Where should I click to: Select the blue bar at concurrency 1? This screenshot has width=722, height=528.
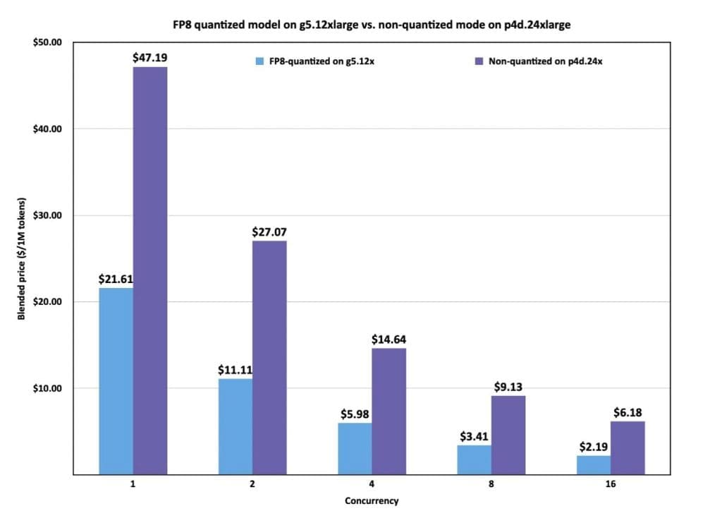(116, 381)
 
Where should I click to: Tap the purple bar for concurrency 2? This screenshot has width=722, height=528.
(269, 357)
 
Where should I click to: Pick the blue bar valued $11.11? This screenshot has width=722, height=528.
(235, 426)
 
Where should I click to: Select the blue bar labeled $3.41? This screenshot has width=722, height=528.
(475, 460)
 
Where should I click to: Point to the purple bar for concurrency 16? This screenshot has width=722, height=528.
(628, 448)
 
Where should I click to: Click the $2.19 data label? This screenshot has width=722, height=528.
(594, 447)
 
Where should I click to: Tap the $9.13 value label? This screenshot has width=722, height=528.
(508, 387)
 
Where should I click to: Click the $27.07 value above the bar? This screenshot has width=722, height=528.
(269, 232)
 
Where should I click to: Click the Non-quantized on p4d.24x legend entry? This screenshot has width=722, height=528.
(539, 61)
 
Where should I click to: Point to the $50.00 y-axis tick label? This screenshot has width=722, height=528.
(48, 42)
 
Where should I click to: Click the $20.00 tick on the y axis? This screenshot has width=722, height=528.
(48, 302)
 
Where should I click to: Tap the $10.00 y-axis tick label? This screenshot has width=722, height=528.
(48, 389)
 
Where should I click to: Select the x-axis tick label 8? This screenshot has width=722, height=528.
(491, 486)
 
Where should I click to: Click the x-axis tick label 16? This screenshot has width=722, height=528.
(611, 486)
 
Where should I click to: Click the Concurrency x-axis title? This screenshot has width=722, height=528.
(372, 501)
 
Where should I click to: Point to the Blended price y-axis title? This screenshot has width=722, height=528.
(22, 258)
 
